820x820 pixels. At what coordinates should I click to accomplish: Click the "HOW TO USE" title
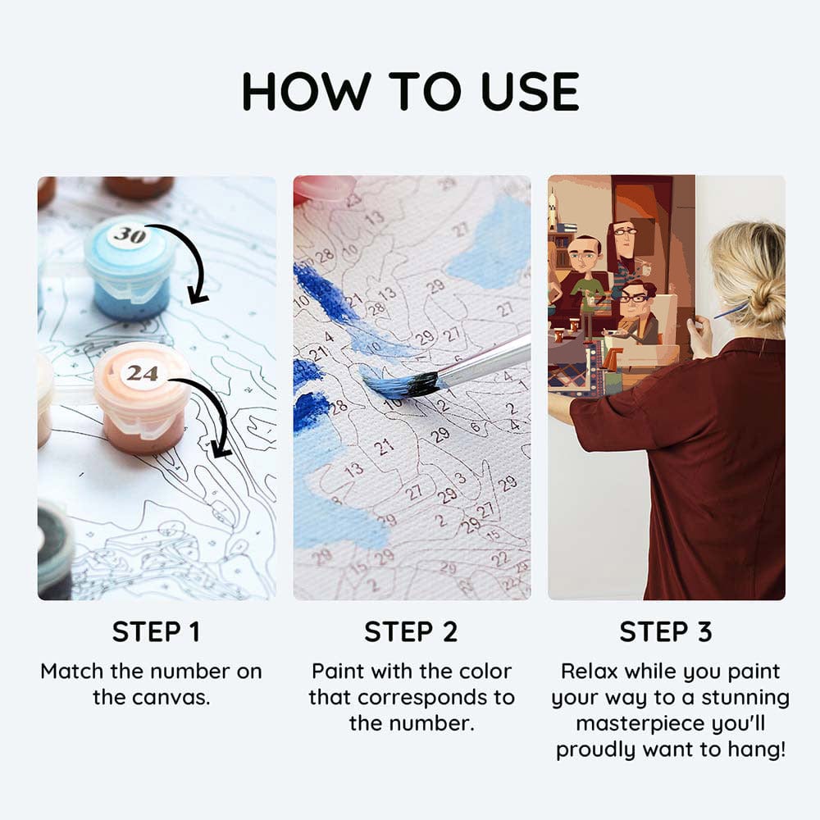411,92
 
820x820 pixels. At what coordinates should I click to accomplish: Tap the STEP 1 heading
156,631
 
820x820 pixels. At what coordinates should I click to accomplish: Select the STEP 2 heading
411,631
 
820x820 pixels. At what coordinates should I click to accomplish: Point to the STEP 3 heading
666,631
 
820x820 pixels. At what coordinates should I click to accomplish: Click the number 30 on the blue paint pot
130,235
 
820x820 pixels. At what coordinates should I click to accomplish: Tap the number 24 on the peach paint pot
142,373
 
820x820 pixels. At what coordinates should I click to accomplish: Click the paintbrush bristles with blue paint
403,383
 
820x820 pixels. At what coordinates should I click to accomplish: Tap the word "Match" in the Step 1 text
73,671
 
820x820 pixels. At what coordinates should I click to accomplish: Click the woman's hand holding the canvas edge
699,334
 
